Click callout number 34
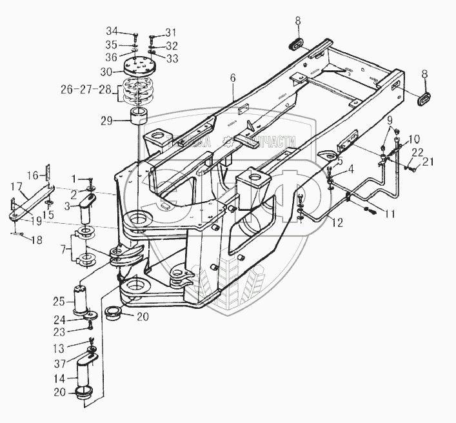click(x=112, y=32)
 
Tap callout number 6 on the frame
click(x=233, y=78)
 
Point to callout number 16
click(x=33, y=175)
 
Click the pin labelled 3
click(x=89, y=211)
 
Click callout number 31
click(x=170, y=32)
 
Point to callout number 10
click(x=414, y=139)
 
